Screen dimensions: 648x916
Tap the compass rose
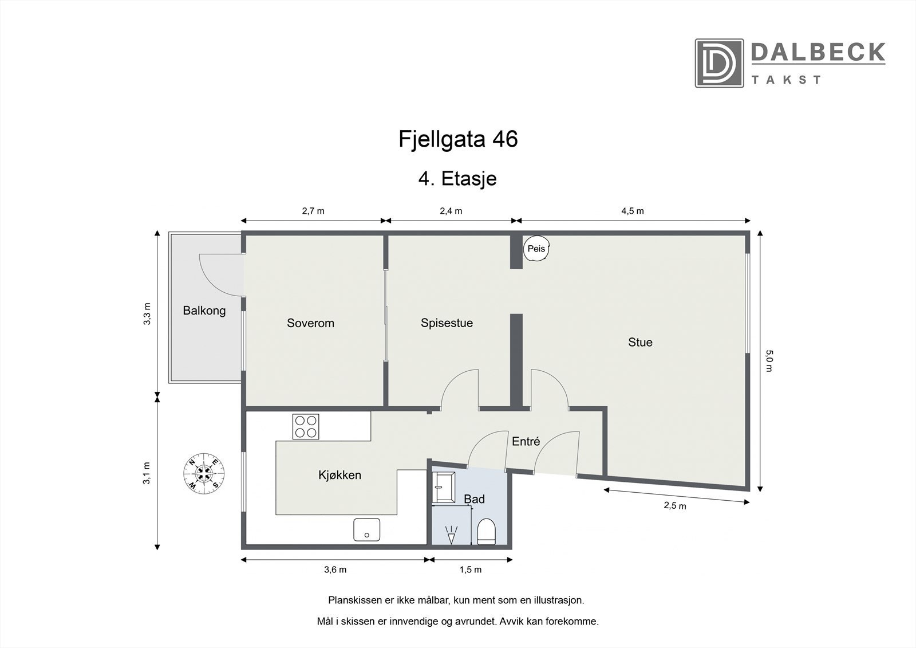coord(203,473)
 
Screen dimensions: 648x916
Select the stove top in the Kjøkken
coord(306,426)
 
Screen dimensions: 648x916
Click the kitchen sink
coord(366,529)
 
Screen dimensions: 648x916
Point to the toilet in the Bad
coord(486,532)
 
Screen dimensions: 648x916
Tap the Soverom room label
coord(310,323)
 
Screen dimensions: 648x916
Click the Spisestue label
coord(447,323)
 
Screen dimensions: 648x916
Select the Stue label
coord(640,342)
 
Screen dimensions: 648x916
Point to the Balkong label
coord(204,311)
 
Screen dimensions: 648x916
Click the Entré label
coord(526,441)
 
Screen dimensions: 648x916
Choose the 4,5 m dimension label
coord(632,211)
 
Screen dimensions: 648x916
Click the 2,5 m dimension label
coord(674,505)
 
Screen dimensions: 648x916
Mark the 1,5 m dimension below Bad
coord(471,570)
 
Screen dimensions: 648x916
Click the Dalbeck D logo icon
coord(719,63)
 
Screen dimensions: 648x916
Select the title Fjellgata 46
coord(458,139)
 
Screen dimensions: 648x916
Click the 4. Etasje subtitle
coord(457,179)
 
